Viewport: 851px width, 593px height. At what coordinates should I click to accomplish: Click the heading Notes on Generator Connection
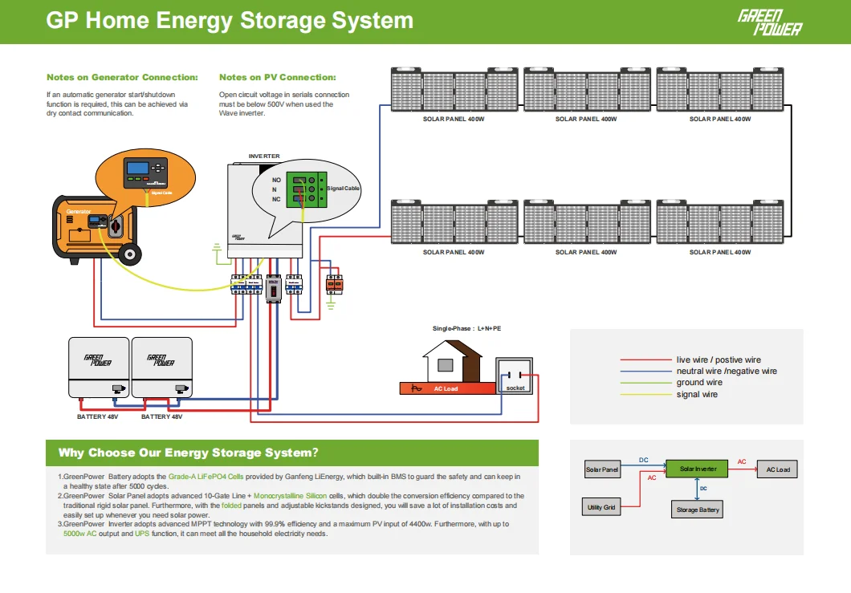coord(122,78)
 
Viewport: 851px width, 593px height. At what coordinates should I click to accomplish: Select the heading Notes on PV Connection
coord(277,78)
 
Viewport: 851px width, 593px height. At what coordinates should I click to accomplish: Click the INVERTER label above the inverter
coord(264,156)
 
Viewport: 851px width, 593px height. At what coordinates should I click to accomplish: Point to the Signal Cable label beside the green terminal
coord(343,189)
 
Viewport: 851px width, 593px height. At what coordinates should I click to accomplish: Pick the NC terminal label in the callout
coord(276,199)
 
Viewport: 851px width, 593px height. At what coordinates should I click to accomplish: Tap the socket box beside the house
coord(514,376)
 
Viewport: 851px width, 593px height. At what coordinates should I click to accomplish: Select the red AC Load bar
coord(447,388)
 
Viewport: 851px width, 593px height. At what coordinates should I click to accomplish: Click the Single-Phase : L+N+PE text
coord(466,329)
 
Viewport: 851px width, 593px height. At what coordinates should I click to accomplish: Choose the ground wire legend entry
coord(699,383)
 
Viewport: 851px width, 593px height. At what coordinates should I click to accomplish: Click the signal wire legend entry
coord(697,395)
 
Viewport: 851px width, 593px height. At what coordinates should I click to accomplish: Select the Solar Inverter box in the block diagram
coord(698,469)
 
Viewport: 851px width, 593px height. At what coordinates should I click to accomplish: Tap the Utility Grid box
coord(601,507)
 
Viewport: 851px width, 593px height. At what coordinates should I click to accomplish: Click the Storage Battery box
coord(698,510)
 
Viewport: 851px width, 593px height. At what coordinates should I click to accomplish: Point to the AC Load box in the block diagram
coord(777,469)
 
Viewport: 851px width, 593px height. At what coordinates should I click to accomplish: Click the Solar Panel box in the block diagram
coord(601,469)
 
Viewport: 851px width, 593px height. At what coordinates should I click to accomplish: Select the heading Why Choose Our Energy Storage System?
coord(188,453)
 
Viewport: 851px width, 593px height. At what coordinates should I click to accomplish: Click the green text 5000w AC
coord(80,534)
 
